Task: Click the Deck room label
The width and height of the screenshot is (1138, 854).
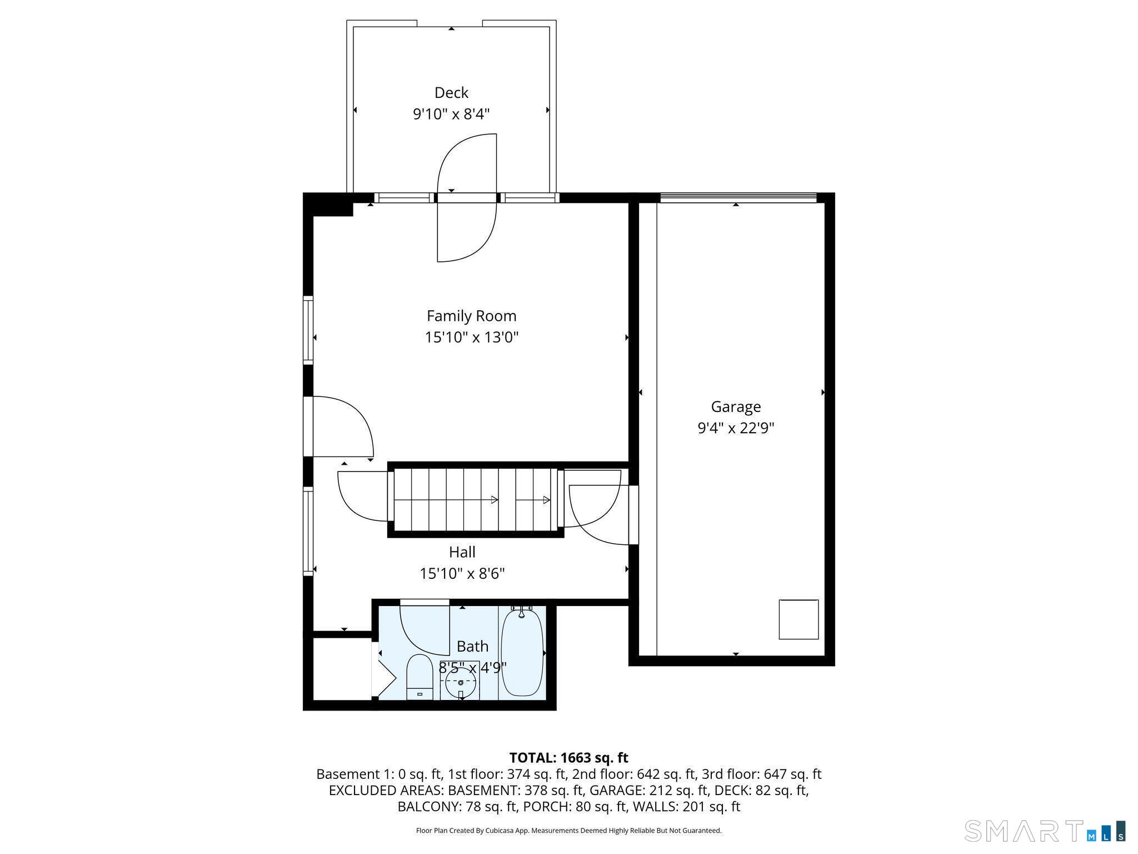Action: (x=451, y=92)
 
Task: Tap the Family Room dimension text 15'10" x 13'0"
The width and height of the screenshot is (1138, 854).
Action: (x=471, y=337)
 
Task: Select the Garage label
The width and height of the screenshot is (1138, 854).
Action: (x=736, y=407)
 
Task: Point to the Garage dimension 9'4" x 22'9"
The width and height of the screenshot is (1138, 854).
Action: (x=736, y=428)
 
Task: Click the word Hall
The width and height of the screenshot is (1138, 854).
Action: (x=462, y=552)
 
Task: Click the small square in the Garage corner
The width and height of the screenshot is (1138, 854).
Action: (x=798, y=619)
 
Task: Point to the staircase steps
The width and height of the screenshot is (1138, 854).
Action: (x=475, y=500)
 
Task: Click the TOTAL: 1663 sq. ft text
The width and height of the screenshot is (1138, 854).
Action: (x=568, y=758)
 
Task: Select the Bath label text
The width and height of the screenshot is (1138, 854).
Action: (x=472, y=646)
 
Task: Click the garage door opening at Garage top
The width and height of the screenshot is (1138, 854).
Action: (x=738, y=197)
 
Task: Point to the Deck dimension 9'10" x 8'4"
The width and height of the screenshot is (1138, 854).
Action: (x=451, y=114)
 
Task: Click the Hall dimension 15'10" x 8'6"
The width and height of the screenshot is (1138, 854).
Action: (x=462, y=573)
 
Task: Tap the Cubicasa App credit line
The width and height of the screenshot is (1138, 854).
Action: (x=568, y=831)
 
